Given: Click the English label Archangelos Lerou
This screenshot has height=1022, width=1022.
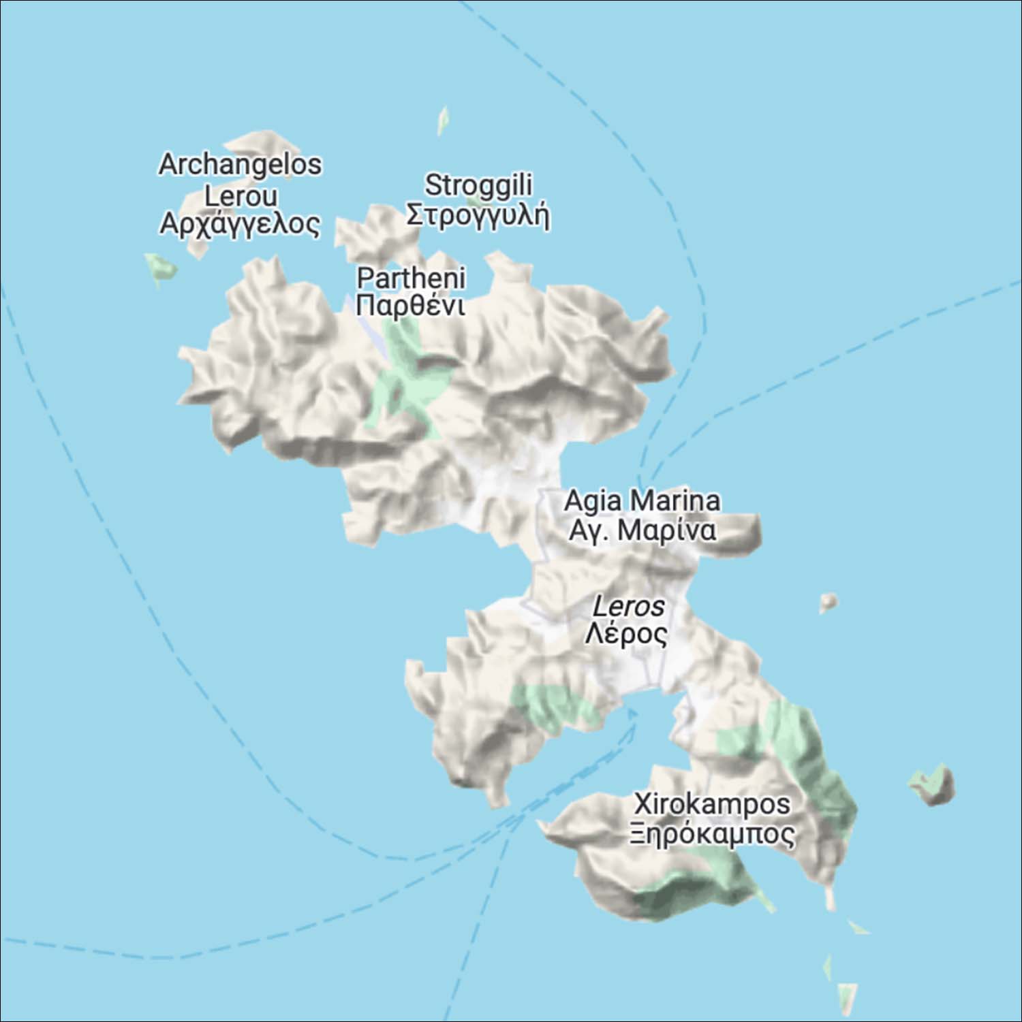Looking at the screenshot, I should point(240,180).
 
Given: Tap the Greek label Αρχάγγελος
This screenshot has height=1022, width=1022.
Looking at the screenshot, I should point(240,224).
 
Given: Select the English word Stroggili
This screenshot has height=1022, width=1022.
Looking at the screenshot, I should point(478,185).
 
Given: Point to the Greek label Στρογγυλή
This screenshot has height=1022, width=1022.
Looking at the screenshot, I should point(478,215).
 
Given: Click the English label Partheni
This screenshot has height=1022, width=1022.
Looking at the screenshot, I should point(411,278).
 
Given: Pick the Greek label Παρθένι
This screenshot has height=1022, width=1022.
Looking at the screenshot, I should point(411,306).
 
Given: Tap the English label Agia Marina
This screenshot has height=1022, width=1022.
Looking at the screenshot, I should point(642,501).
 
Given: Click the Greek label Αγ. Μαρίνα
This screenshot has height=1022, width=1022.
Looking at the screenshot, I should point(642,530).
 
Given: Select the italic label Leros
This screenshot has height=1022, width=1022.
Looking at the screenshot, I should point(628,606).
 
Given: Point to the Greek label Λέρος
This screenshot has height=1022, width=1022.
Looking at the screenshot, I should point(627,634).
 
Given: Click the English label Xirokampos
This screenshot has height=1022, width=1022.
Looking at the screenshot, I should point(712,804).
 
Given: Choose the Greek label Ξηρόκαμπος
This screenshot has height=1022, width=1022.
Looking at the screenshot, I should point(712,834).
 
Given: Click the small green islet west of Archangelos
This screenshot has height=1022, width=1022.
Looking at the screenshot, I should point(161,268).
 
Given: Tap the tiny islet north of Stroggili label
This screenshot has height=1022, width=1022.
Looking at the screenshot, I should point(443,121).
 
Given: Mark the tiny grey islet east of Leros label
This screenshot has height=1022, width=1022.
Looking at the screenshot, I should point(829,602).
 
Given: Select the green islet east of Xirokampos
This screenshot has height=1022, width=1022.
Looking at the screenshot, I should point(934,784).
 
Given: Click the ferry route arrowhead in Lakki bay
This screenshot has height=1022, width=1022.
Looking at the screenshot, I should point(632,712).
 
